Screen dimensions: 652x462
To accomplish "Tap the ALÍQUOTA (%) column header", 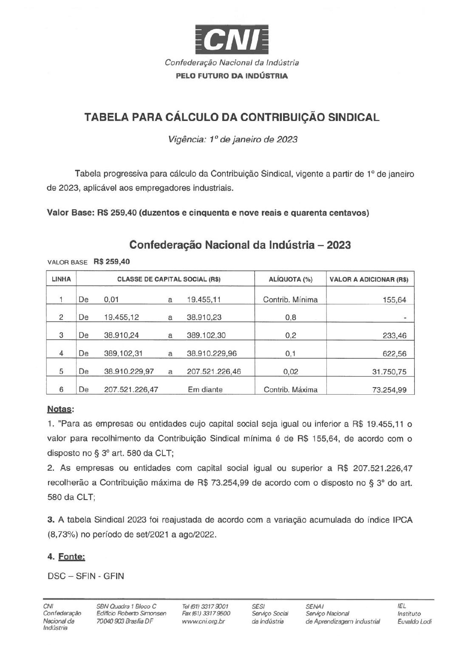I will [x=291, y=279].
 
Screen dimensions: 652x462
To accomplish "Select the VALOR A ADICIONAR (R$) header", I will [x=369, y=279].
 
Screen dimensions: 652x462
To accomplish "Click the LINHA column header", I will [x=61, y=279].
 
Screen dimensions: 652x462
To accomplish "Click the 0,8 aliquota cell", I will [x=291, y=317].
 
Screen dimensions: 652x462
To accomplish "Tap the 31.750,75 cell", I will [x=389, y=372].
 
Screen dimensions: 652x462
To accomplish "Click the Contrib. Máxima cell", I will [x=291, y=390].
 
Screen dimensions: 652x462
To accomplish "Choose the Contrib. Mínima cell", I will [x=291, y=300].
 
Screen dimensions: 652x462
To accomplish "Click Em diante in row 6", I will [x=205, y=390].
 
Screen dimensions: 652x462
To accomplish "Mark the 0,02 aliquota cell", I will [x=291, y=372].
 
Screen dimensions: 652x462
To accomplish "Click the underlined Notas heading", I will [x=60, y=410].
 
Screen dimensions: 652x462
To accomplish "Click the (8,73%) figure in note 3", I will [x=62, y=535].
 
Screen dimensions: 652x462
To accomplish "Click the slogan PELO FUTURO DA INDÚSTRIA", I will [x=232, y=76].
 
